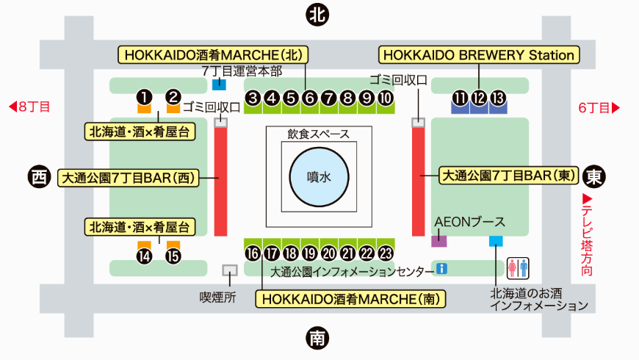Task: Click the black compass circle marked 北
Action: click(317, 15)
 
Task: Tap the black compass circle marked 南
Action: click(317, 338)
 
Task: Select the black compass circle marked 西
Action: click(39, 177)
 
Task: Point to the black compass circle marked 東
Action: click(593, 176)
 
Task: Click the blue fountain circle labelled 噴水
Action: click(319, 177)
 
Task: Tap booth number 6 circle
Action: click(310, 98)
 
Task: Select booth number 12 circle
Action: click(479, 98)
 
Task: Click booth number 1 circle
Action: click(144, 97)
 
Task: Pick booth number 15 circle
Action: click(173, 256)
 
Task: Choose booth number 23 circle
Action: click(386, 253)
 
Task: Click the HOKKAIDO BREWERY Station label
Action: click(479, 54)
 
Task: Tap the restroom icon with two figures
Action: click(518, 268)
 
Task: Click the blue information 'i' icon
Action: click(441, 269)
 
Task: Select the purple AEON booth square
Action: click(439, 241)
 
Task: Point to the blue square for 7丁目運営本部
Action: click(220, 84)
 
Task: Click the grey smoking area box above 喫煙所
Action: click(230, 270)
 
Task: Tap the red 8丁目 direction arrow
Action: click(12, 107)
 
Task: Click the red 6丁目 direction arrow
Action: click(615, 108)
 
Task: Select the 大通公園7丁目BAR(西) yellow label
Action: click(129, 178)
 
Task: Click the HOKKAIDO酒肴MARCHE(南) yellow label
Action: click(350, 299)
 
